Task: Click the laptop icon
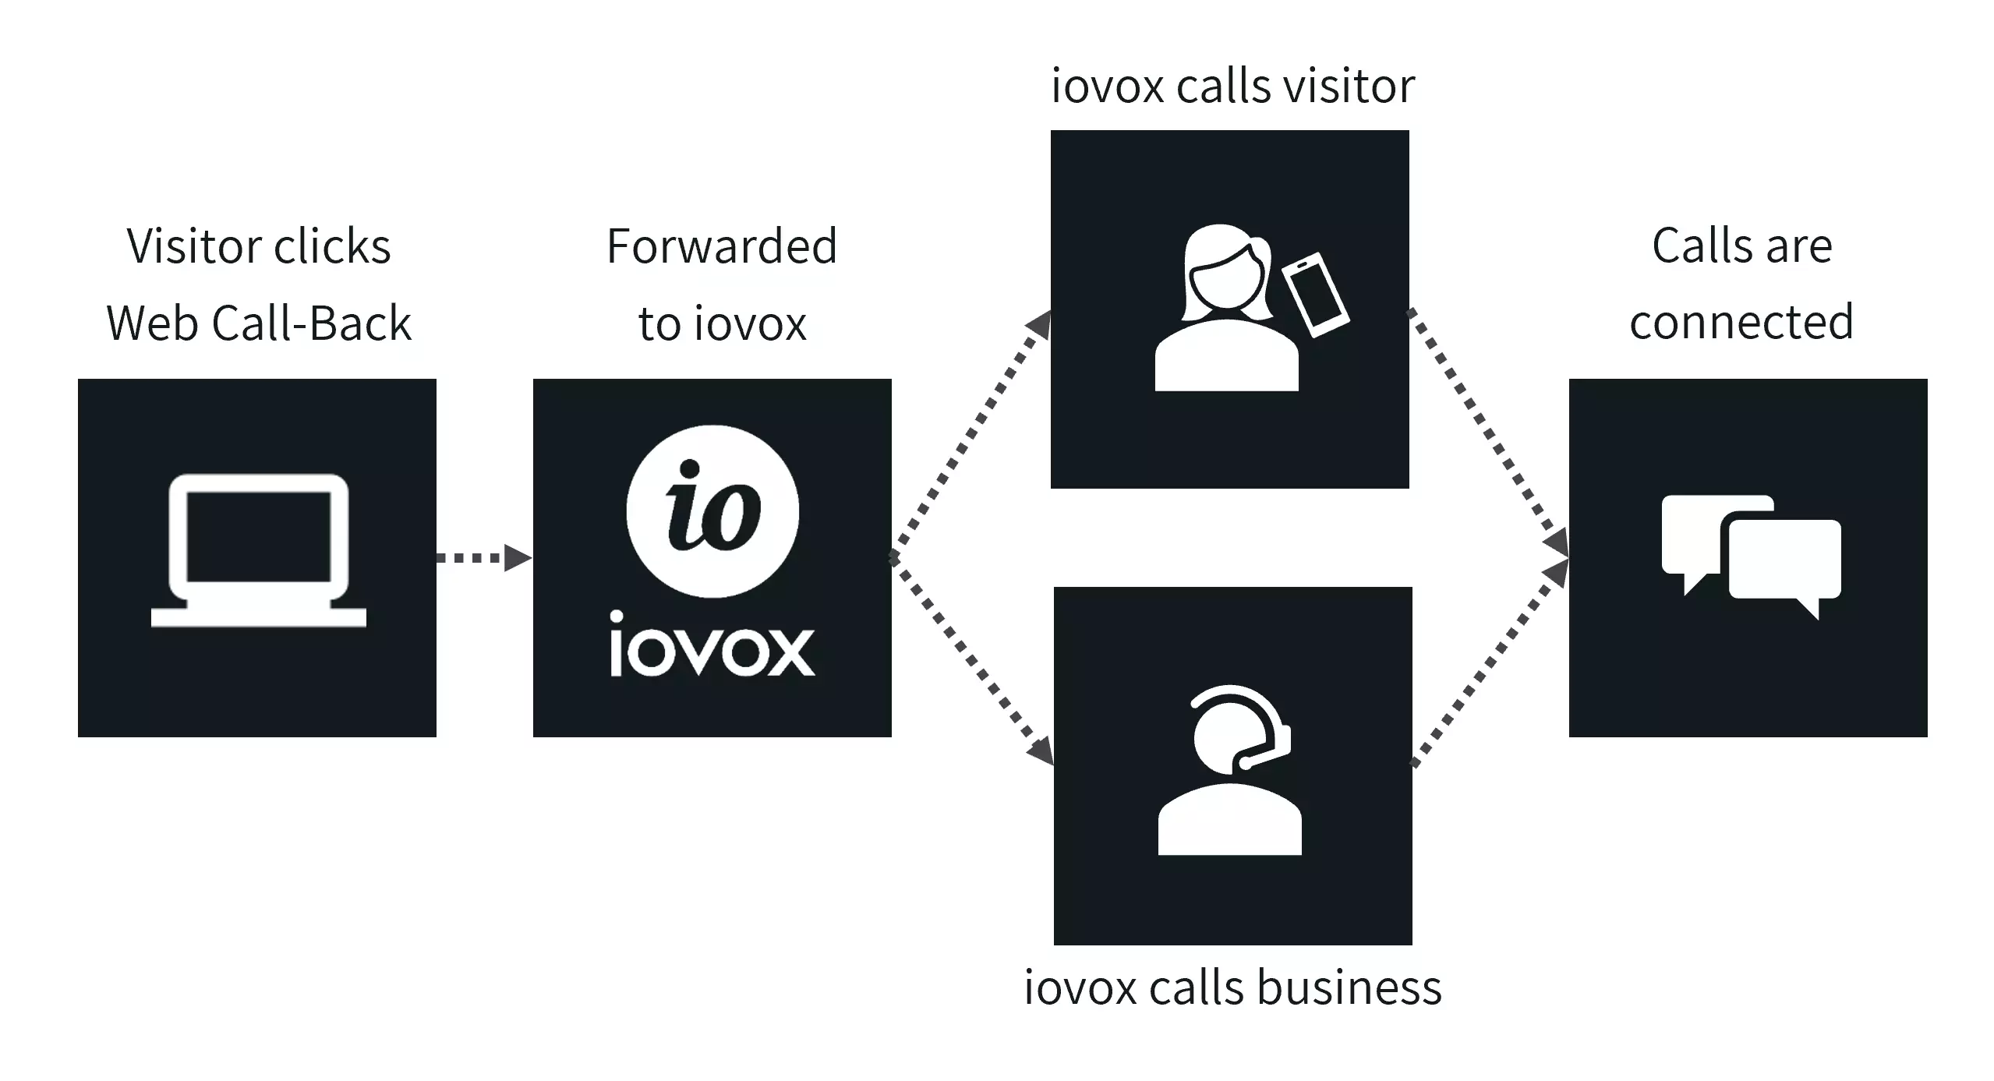tap(258, 550)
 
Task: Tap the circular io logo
tap(712, 511)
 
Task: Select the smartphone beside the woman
tap(1316, 295)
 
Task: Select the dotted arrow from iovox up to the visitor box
tap(970, 433)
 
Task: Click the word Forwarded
tap(722, 247)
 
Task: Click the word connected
tap(1741, 322)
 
